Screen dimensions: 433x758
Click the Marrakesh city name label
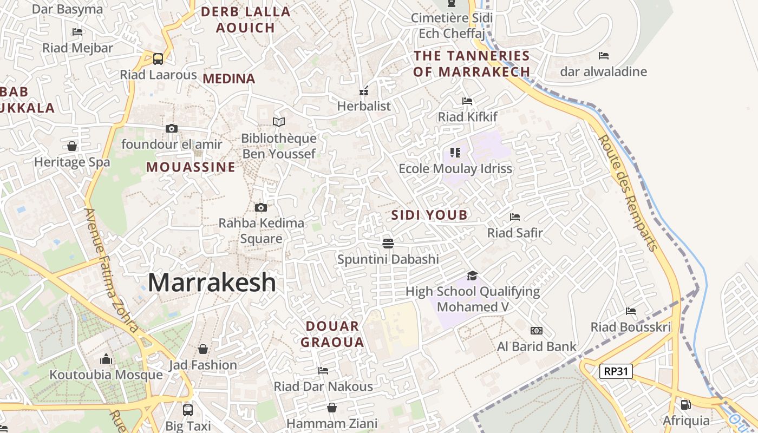click(212, 283)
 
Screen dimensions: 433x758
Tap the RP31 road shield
click(616, 371)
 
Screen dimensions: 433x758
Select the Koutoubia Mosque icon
click(106, 359)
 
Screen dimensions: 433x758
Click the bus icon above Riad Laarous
click(158, 58)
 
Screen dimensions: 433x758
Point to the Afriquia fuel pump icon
click(685, 404)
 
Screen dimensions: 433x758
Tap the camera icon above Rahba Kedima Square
click(261, 207)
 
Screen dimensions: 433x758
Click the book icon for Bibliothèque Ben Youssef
click(279, 122)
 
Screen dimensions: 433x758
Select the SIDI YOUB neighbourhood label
click(429, 215)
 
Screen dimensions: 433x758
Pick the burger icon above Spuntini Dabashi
click(388, 243)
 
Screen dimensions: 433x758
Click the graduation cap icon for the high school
click(473, 275)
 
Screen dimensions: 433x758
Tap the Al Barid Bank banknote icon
click(537, 330)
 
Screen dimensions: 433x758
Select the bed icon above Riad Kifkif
click(467, 101)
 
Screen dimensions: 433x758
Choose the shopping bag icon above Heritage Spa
click(72, 146)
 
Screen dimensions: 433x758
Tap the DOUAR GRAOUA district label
click(332, 334)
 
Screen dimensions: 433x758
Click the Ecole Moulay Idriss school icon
click(455, 153)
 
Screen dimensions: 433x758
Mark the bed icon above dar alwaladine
click(604, 56)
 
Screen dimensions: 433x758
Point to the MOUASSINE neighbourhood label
click(191, 167)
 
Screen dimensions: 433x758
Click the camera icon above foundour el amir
click(172, 128)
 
